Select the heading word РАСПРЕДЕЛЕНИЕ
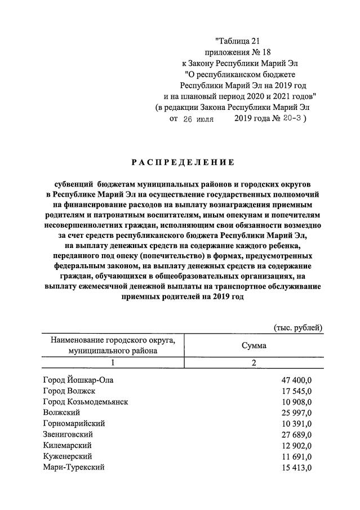pyautogui.click(x=183, y=162)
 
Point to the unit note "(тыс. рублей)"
pyautogui.click(x=297, y=327)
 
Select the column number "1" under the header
pyautogui.click(x=113, y=363)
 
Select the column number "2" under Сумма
pyautogui.click(x=254, y=363)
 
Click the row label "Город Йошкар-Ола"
pyautogui.click(x=78, y=380)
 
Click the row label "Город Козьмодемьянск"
pyautogui.click(x=86, y=402)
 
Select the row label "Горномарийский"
pyautogui.click(x=74, y=423)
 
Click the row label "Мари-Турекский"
pyautogui.click(x=74, y=467)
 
